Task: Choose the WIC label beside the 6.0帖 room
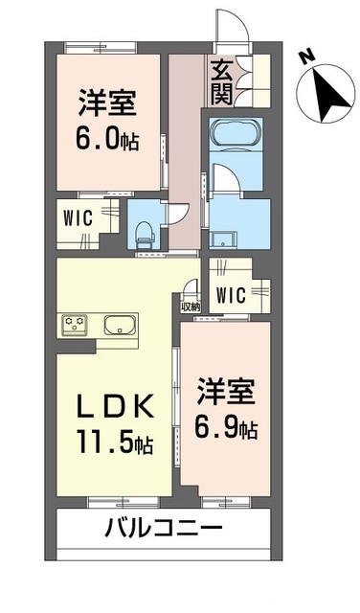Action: click(x=78, y=216)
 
